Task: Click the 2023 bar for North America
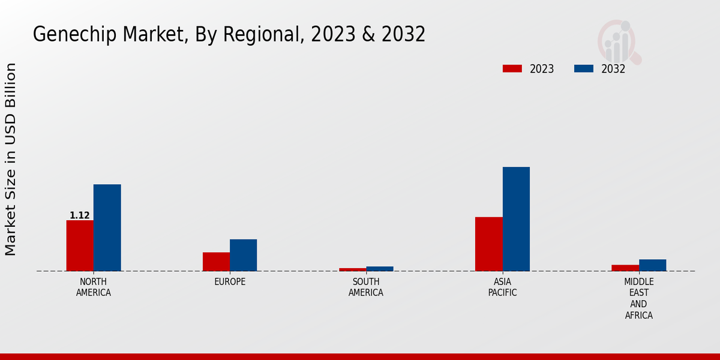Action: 80,245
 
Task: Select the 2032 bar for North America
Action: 107,227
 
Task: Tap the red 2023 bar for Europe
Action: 216,262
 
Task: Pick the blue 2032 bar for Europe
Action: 243,255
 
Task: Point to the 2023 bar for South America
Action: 352,269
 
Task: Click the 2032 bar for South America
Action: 380,269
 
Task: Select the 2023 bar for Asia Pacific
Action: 488,244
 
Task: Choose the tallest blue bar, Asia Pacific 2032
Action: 516,219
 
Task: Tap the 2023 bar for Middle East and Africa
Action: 625,268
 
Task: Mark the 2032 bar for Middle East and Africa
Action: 652,265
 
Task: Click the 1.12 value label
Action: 80,215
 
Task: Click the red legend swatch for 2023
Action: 512,68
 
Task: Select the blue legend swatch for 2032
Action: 583,68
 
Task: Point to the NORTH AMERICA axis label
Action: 94,287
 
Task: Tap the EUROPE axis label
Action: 230,282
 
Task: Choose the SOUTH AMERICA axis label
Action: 366,287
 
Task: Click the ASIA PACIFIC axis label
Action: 502,287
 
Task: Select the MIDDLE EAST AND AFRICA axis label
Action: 639,298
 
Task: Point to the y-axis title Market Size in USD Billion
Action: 11,159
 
